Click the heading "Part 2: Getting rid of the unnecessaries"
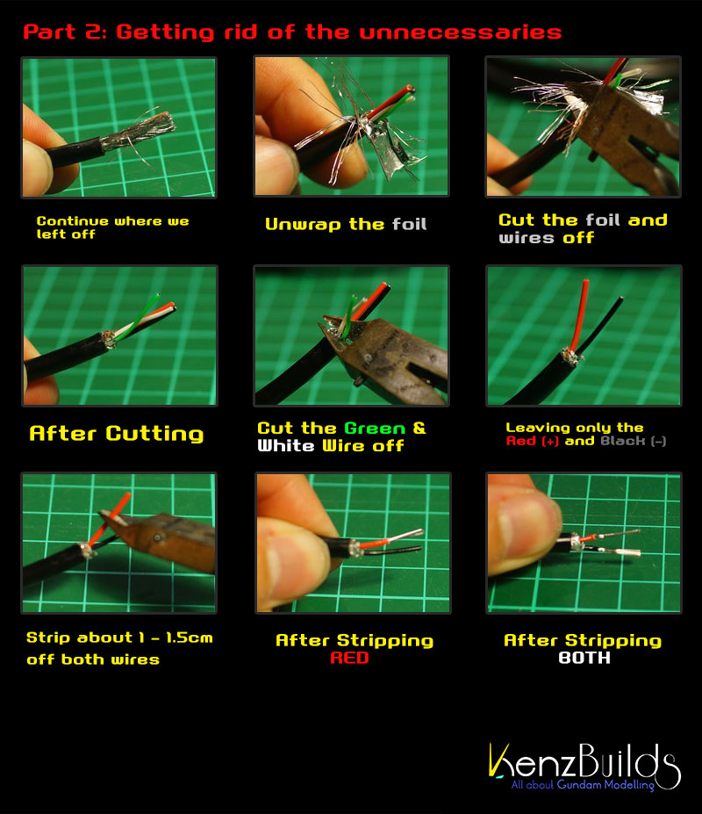click(292, 32)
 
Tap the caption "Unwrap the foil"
click(346, 224)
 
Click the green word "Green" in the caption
click(375, 429)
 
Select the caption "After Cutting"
click(116, 434)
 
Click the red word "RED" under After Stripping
click(350, 658)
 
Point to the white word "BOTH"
click(584, 658)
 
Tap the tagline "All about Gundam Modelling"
click(584, 784)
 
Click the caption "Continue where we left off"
click(112, 227)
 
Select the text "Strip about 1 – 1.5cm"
click(119, 638)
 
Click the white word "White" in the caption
click(286, 446)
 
